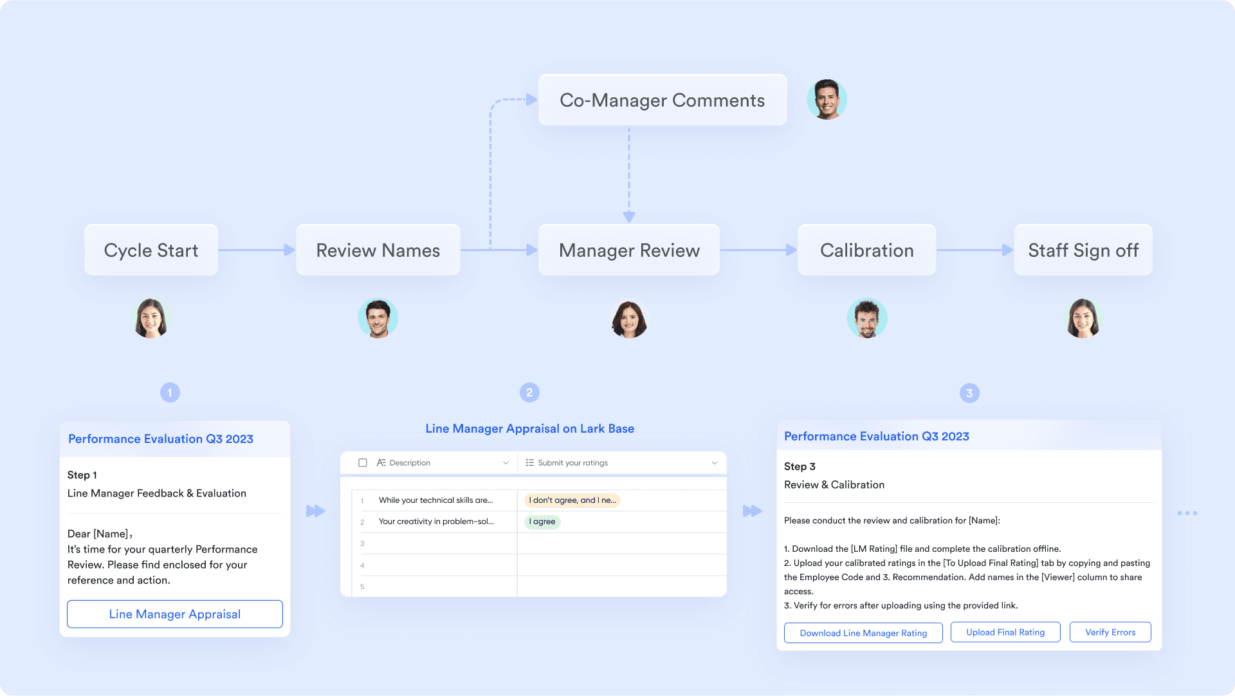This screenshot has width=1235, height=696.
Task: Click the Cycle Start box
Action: (x=151, y=250)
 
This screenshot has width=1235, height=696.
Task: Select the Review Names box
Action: (x=378, y=250)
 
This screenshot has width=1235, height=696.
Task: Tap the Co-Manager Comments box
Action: (x=663, y=100)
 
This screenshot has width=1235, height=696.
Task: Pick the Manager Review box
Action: (x=629, y=250)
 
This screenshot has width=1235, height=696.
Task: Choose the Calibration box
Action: (x=866, y=250)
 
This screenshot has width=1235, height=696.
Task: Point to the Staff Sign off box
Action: (x=1083, y=250)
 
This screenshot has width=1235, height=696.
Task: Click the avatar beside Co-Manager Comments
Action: (x=827, y=100)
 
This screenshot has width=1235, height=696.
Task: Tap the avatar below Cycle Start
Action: (x=151, y=318)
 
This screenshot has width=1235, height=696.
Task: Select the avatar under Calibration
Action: (x=867, y=318)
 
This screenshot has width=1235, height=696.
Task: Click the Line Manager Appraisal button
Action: (x=175, y=614)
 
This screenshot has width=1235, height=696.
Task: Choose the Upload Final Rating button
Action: (x=1005, y=632)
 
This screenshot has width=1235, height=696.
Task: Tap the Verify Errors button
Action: (x=1110, y=632)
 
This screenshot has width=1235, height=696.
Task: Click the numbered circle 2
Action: (x=529, y=393)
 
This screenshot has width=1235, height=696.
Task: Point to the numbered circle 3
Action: (x=969, y=393)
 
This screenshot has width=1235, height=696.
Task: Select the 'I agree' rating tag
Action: (x=543, y=522)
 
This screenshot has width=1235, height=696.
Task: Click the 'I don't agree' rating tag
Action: (x=572, y=500)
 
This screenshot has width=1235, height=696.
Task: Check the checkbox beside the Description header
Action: (x=363, y=463)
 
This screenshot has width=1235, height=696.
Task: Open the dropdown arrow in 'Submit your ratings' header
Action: (x=715, y=463)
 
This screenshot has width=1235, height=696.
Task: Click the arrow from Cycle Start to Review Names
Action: (x=257, y=250)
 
